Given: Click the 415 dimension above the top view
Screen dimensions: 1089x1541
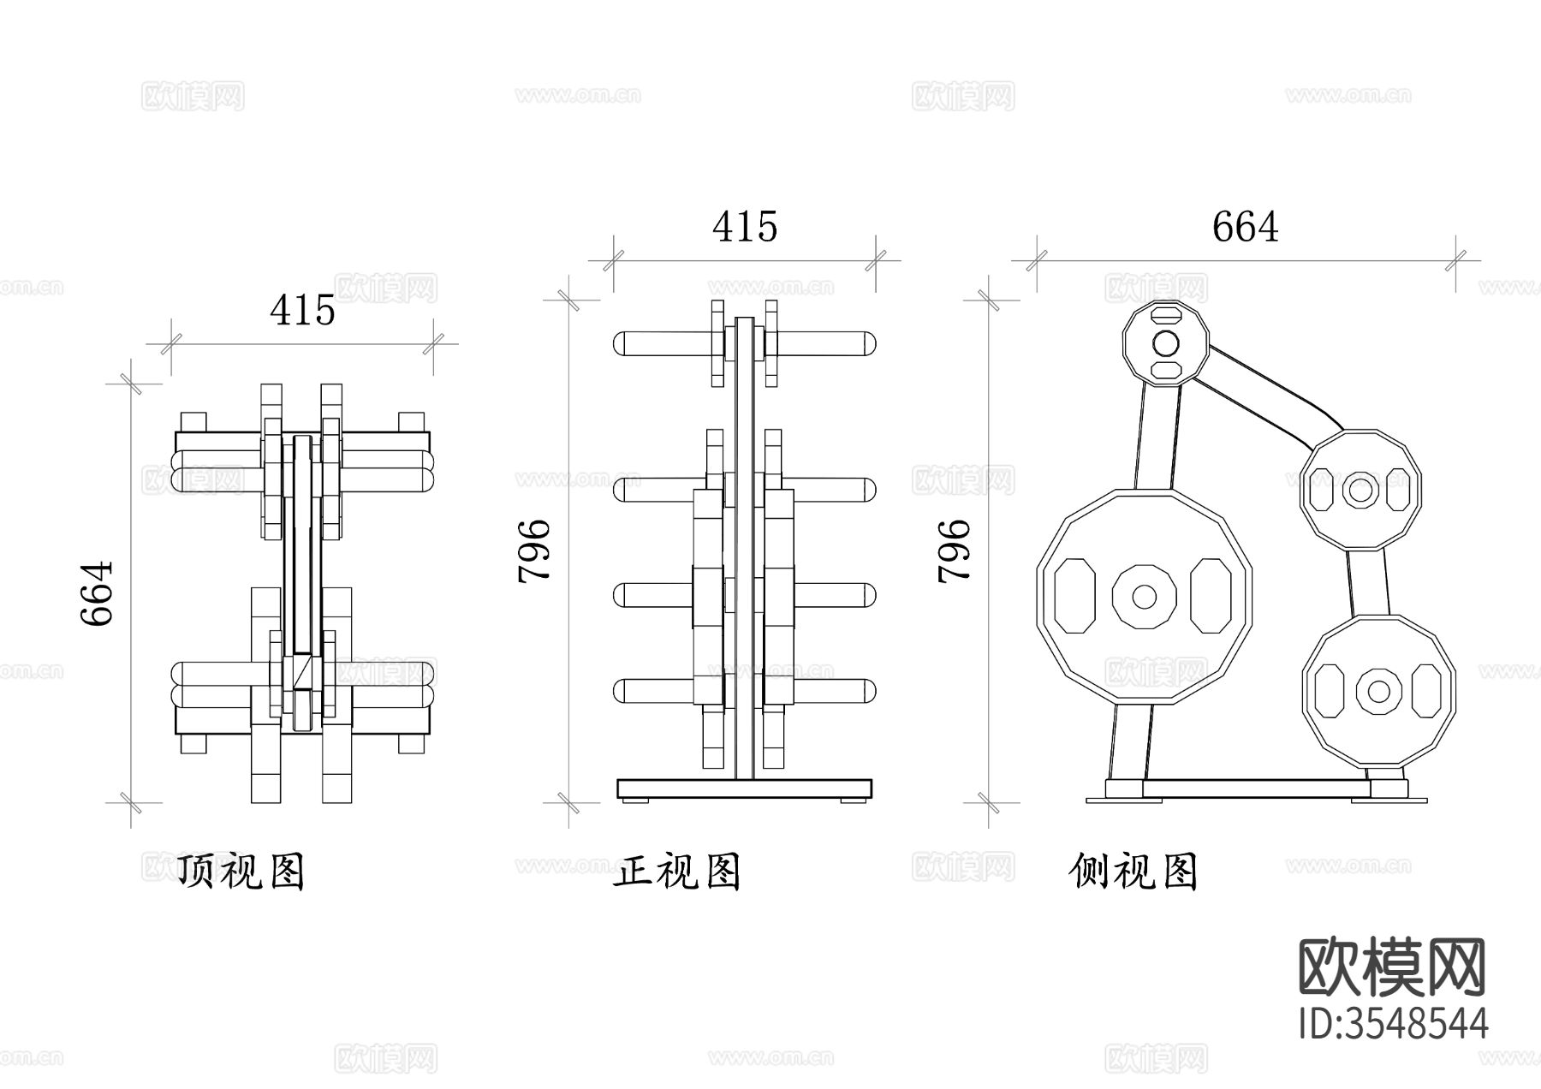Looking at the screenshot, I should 302,310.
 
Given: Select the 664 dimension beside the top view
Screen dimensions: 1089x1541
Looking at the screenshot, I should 97,593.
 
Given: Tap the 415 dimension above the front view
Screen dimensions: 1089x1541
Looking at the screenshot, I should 745,227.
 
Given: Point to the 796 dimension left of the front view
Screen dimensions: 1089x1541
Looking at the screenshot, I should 534,550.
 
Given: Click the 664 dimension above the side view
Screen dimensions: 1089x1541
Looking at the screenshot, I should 1245,227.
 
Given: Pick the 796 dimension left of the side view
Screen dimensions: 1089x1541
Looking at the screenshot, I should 954,550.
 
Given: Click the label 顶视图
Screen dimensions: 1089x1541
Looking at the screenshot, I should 241,872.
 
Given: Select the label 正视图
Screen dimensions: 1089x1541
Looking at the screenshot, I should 676,872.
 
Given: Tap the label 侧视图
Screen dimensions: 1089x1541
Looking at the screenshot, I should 1133,872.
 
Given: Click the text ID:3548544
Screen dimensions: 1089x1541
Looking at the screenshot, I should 1393,1023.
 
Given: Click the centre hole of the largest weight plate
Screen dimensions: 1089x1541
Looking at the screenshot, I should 1144,596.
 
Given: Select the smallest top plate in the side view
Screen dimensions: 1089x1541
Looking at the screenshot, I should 1164,344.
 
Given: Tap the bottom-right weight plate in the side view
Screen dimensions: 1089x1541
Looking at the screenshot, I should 1377,690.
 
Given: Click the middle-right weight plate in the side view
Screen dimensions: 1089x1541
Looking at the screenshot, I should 1360,490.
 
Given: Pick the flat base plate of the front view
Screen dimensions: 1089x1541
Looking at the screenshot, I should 744,788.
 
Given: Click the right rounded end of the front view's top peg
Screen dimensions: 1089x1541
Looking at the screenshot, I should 868,344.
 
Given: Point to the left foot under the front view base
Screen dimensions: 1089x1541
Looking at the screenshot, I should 634,800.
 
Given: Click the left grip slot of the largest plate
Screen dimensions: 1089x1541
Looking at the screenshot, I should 1075,596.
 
